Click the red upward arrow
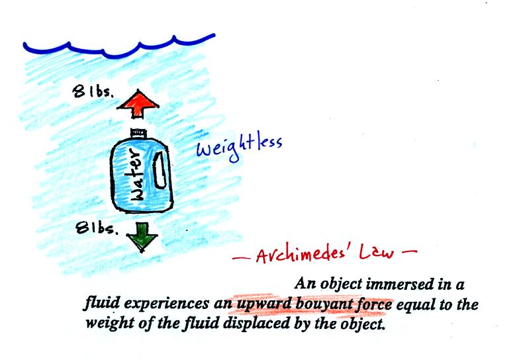(x=138, y=104)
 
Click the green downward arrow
(x=142, y=236)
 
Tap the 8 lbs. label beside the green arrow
(x=97, y=228)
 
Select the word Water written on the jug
(x=136, y=175)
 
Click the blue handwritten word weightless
(x=239, y=148)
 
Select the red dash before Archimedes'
(x=241, y=258)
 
